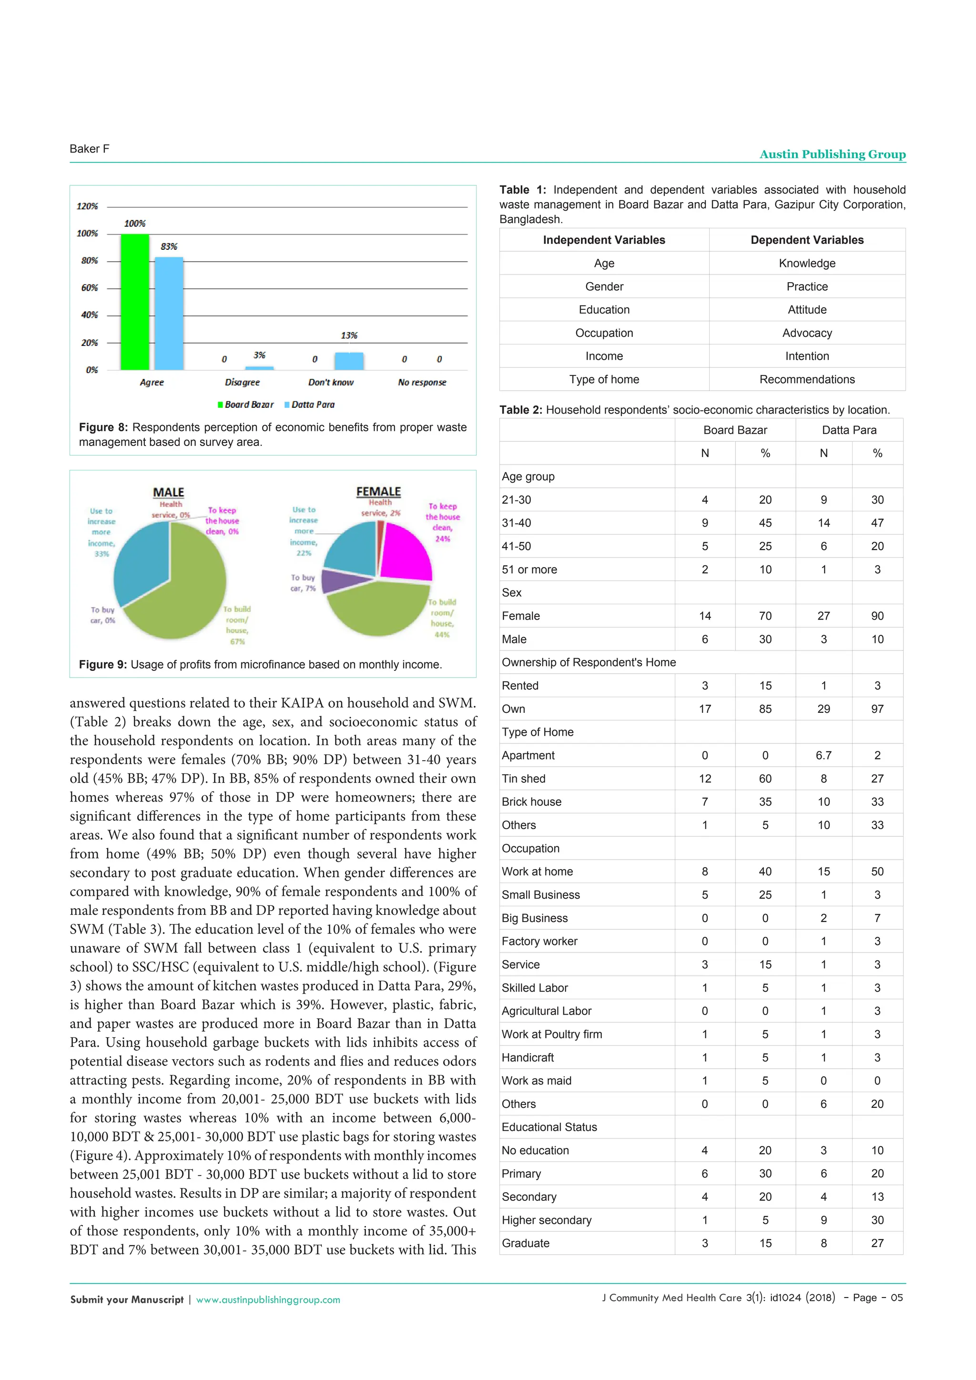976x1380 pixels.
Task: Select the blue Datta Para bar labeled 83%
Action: coord(169,313)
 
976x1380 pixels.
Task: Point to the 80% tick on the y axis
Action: coord(90,261)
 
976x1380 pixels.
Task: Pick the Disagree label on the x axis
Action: coord(242,382)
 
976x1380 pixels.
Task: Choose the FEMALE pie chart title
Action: coord(378,492)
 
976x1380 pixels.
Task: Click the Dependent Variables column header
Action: coord(806,240)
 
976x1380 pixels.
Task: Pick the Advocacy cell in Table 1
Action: coord(806,333)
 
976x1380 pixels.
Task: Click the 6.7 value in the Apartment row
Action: coord(823,755)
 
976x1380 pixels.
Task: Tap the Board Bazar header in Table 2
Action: coord(735,430)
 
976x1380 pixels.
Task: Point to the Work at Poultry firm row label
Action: coord(552,1035)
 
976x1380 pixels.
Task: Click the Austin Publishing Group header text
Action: coord(833,154)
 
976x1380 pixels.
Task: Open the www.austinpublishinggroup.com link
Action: coord(268,1299)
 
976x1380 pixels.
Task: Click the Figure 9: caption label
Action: coord(103,665)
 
